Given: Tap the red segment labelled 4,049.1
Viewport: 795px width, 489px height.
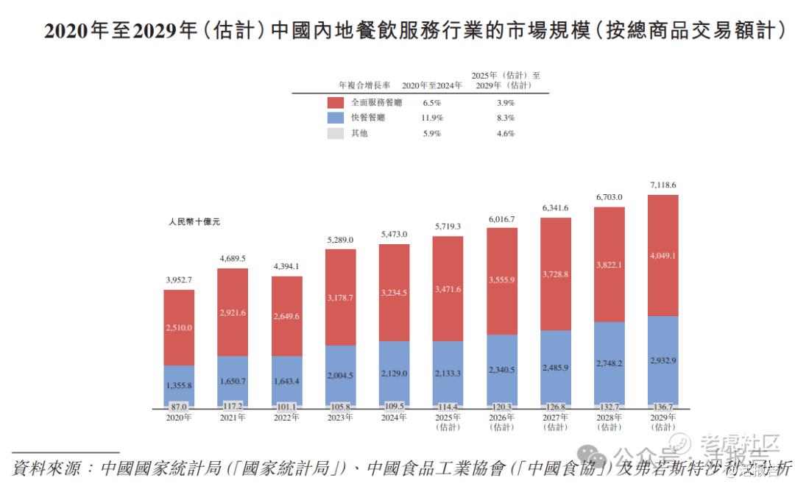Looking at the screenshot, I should [662, 256].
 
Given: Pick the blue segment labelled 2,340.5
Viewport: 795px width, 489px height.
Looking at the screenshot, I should [501, 370].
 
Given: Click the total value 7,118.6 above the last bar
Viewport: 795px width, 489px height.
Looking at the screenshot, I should [662, 185].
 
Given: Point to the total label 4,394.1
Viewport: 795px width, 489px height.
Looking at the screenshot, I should [286, 266].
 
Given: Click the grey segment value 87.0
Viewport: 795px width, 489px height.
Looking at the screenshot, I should [179, 406].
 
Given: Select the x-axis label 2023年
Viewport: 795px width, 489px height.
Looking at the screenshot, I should [340, 418].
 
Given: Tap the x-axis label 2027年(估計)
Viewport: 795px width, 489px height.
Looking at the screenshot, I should [555, 422].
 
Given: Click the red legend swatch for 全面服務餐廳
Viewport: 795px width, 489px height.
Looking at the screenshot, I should [335, 103].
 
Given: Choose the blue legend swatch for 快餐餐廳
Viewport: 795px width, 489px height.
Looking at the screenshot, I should [335, 118].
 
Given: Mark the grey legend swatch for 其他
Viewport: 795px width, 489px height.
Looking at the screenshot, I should [335, 133].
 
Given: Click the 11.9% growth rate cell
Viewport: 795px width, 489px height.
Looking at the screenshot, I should [432, 118].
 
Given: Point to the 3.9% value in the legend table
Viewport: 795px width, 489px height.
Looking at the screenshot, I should [505, 103].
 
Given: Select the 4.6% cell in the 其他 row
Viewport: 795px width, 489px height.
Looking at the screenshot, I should [505, 133].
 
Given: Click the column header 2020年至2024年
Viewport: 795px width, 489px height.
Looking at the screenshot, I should [432, 85].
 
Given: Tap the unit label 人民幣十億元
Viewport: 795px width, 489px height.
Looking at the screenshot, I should [194, 221].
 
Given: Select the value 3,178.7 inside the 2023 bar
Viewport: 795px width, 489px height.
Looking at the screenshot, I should [340, 297].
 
